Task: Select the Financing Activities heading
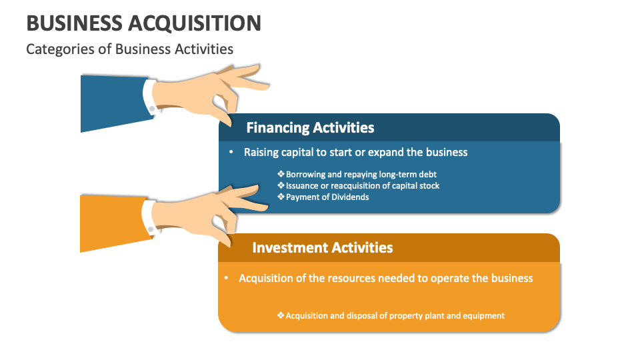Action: pos(310,127)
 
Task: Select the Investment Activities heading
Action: pos(322,247)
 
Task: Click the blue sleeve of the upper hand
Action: pos(110,103)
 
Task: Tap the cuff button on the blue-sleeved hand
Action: pos(152,108)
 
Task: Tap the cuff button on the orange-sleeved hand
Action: pos(151,229)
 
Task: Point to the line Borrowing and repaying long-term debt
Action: pos(361,174)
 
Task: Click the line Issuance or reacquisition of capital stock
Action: pos(362,185)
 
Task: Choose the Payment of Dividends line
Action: pos(327,197)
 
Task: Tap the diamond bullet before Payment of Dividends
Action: pos(281,197)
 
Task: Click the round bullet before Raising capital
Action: pos(231,152)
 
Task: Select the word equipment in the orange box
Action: pos(483,315)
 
